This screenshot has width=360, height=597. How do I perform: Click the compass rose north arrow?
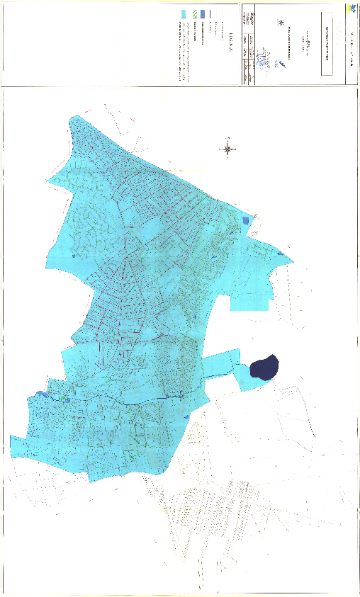228,148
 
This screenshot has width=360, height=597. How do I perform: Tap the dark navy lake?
264,367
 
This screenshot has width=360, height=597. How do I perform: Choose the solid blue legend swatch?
203,14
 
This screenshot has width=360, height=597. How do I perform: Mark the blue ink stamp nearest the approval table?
264,62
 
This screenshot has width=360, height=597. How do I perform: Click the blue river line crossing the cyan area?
128,402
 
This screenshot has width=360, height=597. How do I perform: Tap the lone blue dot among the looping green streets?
74,256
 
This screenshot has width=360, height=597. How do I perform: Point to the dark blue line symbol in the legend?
210,14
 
